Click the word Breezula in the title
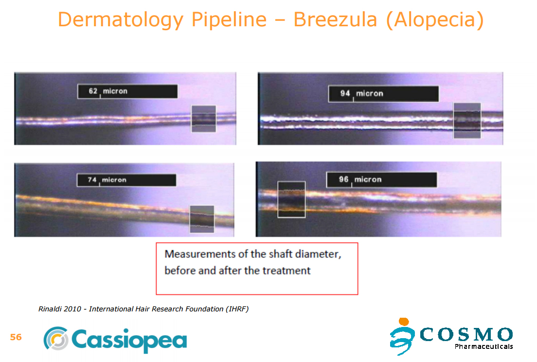click(x=335, y=19)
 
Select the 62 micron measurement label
click(x=127, y=91)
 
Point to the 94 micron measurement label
click(x=383, y=94)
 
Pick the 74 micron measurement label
click(x=126, y=180)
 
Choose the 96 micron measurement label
click(x=381, y=180)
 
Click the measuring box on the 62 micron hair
click(x=203, y=119)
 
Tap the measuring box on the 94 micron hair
click(x=467, y=121)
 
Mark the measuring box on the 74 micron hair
click(x=202, y=219)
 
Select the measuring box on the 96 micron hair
click(x=291, y=199)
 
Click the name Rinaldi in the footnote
click(x=50, y=309)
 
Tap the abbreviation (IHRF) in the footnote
click(x=237, y=309)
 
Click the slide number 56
click(x=16, y=337)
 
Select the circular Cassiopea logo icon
click(x=56, y=338)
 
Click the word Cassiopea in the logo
click(x=129, y=340)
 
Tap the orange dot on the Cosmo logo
click(x=404, y=321)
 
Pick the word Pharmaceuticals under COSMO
click(x=483, y=346)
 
